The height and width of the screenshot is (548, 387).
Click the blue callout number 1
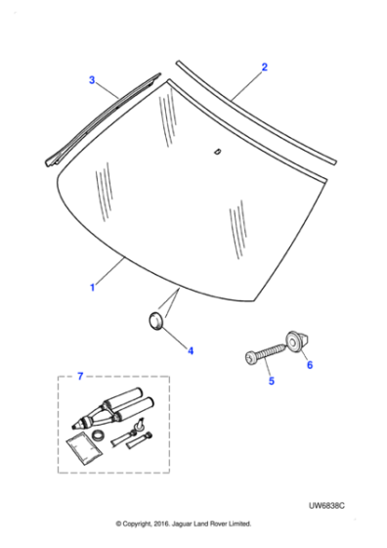click(93, 288)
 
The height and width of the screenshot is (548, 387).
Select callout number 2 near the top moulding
click(264, 68)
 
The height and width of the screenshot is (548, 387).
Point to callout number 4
click(191, 349)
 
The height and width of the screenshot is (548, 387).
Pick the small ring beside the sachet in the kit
click(100, 432)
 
